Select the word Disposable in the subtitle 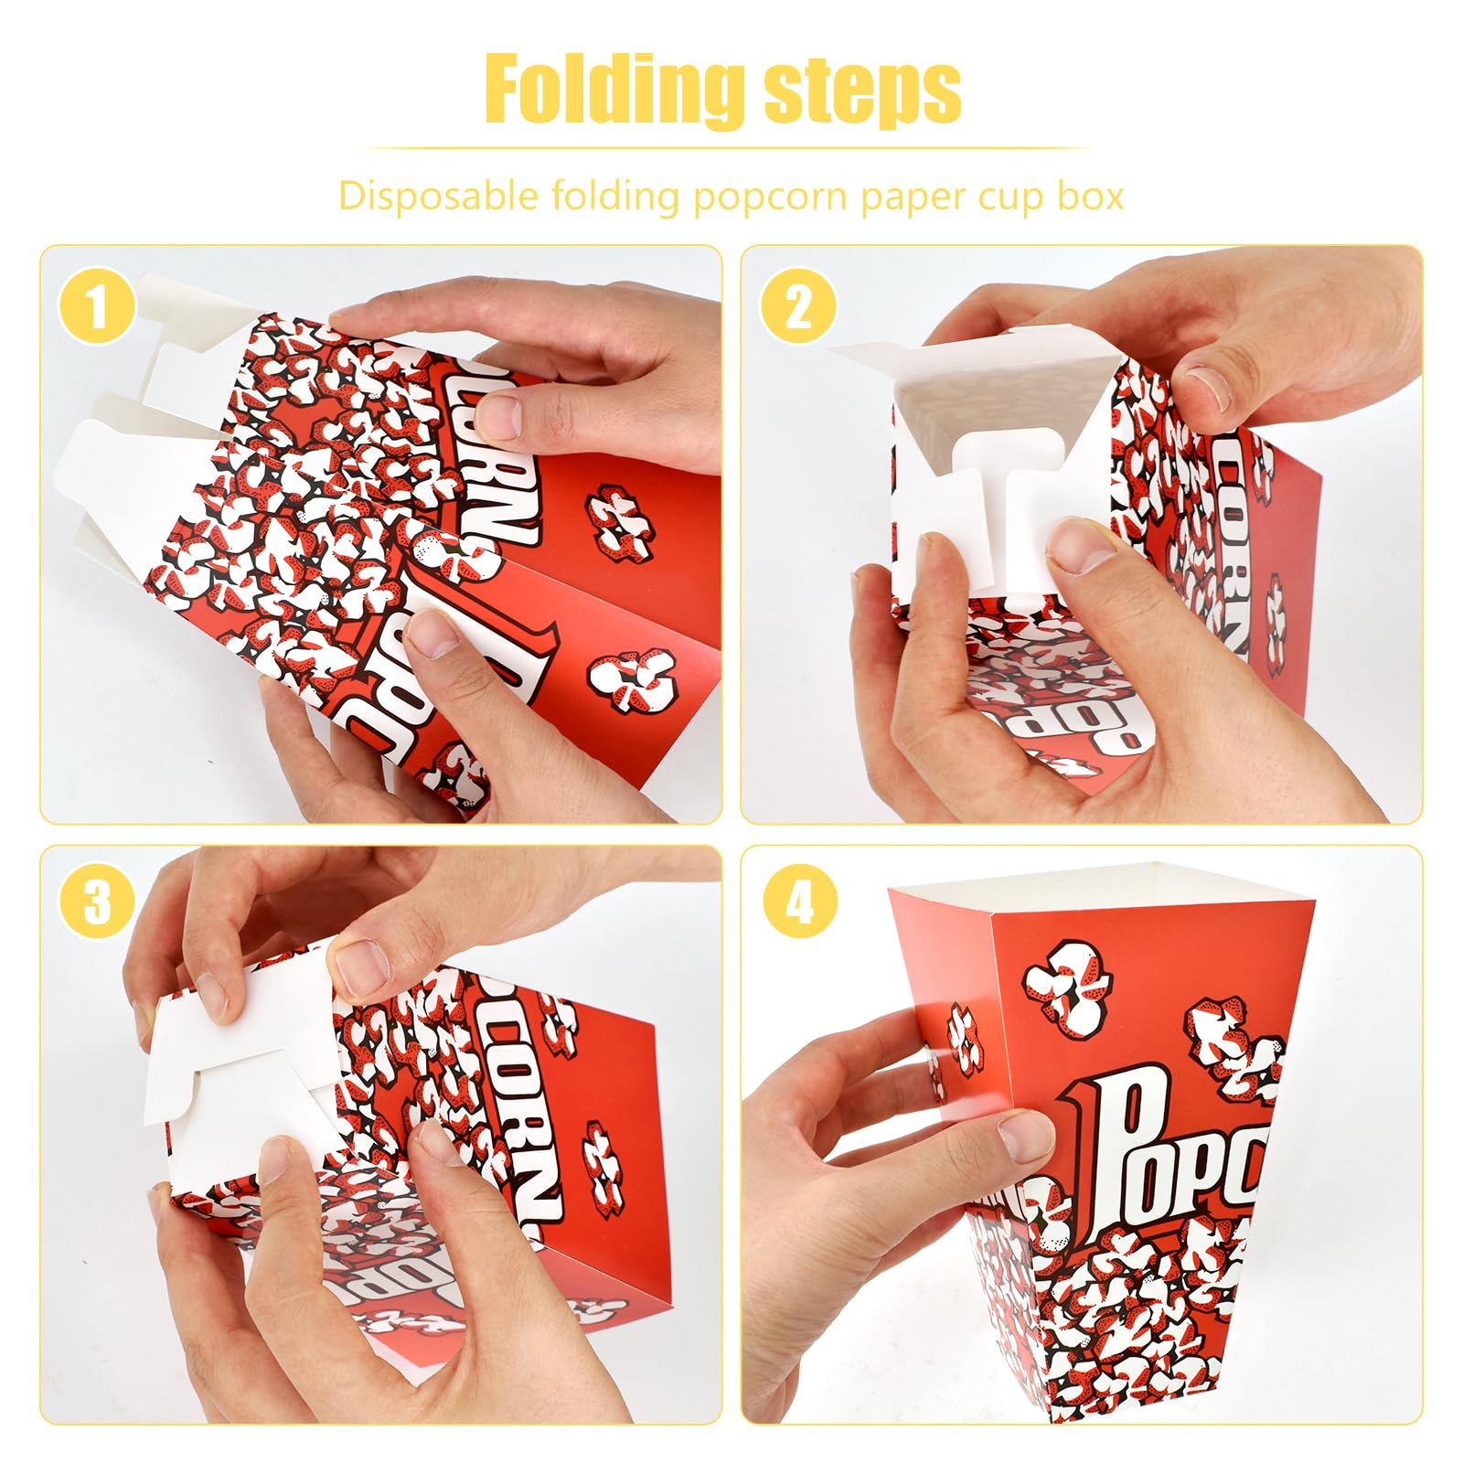point(438,197)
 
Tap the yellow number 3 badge point(97,903)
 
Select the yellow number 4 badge point(798,903)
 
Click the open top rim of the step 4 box point(1097,882)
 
